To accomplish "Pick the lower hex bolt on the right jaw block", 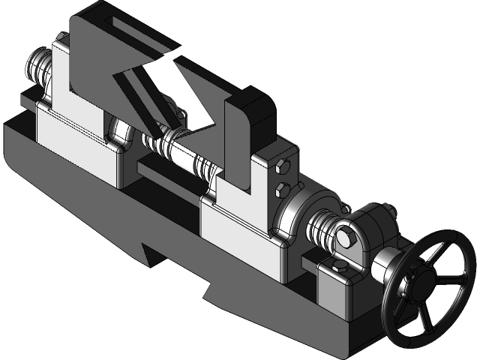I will (x=283, y=187).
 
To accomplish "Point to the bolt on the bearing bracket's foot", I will (x=337, y=269).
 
